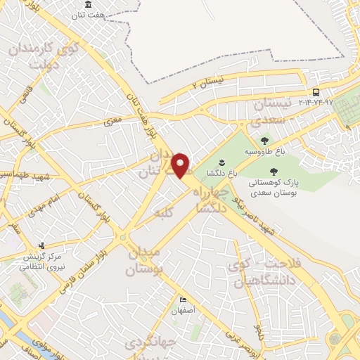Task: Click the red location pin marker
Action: (x=181, y=165)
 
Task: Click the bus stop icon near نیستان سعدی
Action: (x=316, y=93)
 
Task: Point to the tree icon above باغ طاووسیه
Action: (x=265, y=141)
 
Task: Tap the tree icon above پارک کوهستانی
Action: (x=273, y=170)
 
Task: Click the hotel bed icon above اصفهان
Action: (x=184, y=300)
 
